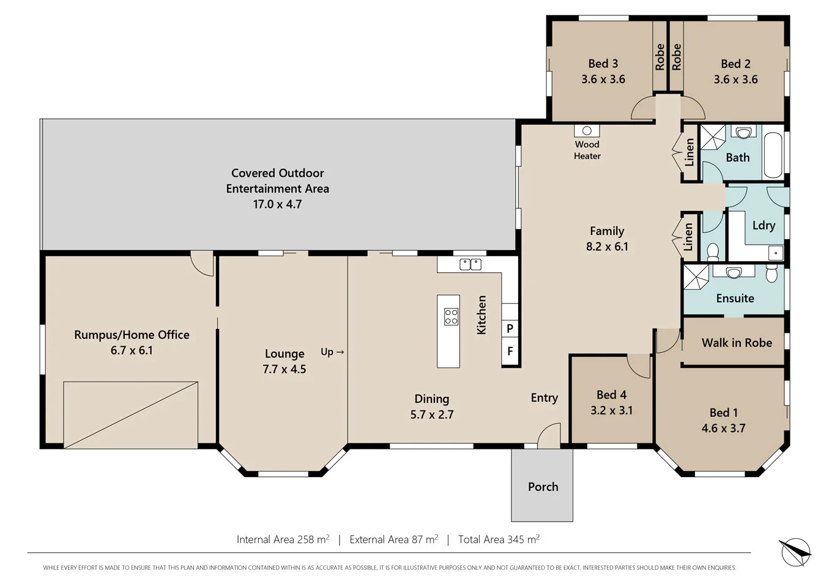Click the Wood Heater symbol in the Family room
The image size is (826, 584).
click(x=586, y=131)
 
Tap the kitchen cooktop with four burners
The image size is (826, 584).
click(x=451, y=317)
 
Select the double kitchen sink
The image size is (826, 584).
click(x=471, y=264)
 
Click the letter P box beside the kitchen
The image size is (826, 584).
click(x=510, y=328)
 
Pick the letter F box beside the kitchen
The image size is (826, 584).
click(x=510, y=352)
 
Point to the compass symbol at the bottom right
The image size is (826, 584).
click(x=795, y=552)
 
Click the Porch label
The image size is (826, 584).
click(x=543, y=487)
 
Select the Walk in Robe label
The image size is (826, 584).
click(x=736, y=343)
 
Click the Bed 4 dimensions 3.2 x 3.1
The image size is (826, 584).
click(x=611, y=410)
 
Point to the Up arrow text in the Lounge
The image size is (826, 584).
click(x=332, y=352)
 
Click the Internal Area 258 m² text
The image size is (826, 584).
click(x=283, y=539)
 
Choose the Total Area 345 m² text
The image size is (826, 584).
click(x=499, y=539)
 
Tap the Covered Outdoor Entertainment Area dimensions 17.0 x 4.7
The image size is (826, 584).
click(x=277, y=204)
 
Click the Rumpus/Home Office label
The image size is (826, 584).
click(x=132, y=335)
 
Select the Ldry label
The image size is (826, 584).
click(x=763, y=225)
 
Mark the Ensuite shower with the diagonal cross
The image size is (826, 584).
click(x=696, y=277)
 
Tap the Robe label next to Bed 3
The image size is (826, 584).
click(x=660, y=56)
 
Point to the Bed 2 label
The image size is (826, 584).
click(x=735, y=64)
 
